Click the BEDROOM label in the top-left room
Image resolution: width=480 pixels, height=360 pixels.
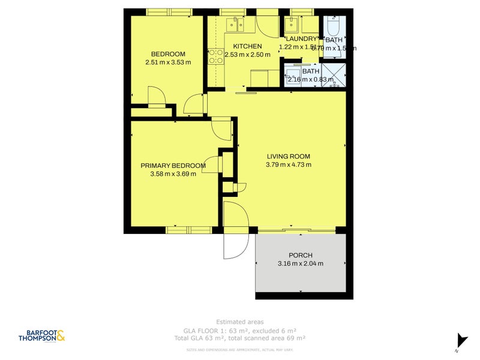point(168,54)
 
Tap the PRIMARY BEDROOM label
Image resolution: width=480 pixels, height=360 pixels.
point(173,166)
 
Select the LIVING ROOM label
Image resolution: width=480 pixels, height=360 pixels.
point(289,157)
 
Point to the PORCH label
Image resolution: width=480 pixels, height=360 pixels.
point(301,255)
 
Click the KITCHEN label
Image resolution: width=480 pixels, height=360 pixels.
point(247,46)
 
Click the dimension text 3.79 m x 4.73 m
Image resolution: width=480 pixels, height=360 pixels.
point(289,165)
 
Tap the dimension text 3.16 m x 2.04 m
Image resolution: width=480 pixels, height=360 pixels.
point(301,263)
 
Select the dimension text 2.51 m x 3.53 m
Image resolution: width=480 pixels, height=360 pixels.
point(168,62)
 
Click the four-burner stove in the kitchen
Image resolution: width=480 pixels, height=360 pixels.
point(215,56)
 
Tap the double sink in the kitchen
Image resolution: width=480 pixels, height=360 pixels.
point(234,24)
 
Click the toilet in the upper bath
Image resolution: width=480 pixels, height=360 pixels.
point(334,25)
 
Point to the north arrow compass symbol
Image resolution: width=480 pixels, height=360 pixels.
point(461,340)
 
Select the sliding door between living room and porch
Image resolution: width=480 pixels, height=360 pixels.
point(296,230)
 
